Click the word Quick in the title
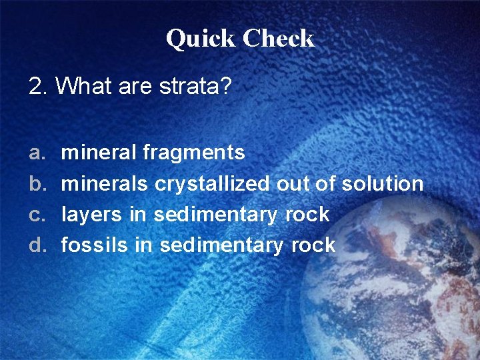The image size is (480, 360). (201, 39)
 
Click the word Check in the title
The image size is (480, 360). (278, 39)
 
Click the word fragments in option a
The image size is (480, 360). (194, 153)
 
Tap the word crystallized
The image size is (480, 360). (213, 184)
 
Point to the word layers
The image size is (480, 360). (92, 215)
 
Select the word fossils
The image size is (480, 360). (94, 245)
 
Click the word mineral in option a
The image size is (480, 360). (99, 153)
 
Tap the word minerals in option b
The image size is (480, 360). (105, 184)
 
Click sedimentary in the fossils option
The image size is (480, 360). (223, 245)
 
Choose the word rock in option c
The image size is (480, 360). (307, 215)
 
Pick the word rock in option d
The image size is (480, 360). (313, 245)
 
